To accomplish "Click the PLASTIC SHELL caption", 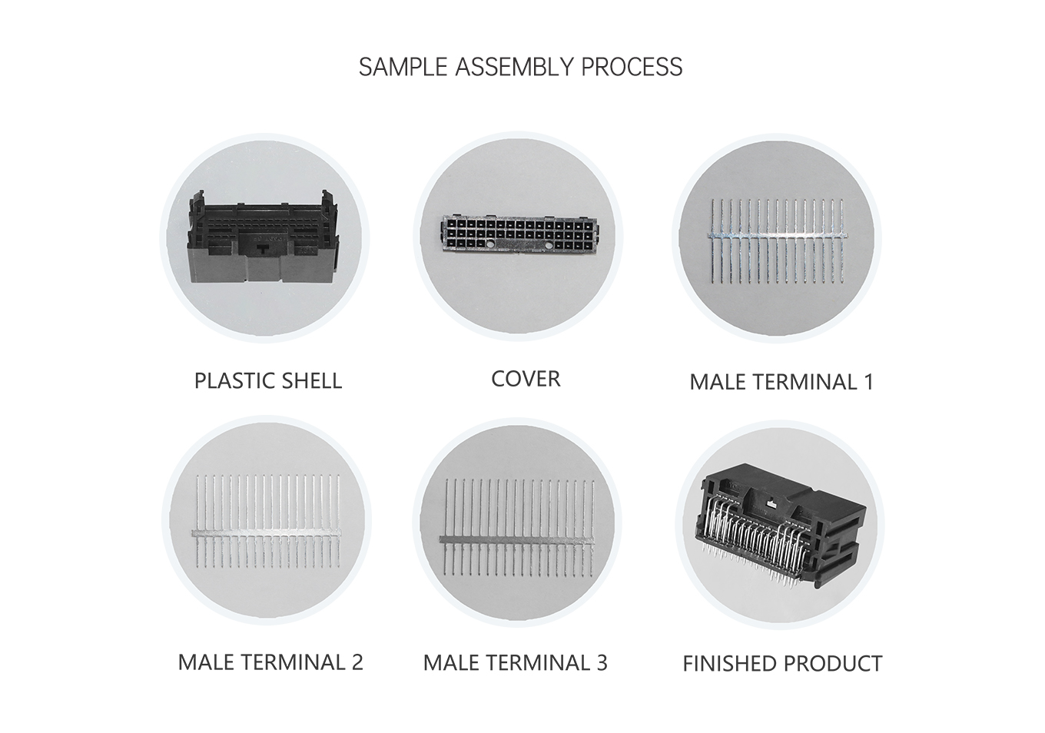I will (267, 381).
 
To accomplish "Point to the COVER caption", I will (526, 379).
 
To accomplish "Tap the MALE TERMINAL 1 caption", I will (781, 382).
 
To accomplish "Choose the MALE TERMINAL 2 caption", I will (270, 662).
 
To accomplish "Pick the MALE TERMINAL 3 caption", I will (515, 662).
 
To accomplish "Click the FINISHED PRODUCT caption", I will (782, 664).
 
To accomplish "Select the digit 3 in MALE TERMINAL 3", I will (601, 662).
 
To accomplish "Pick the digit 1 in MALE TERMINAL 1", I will (868, 382).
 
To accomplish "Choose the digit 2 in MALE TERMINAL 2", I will (357, 662).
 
